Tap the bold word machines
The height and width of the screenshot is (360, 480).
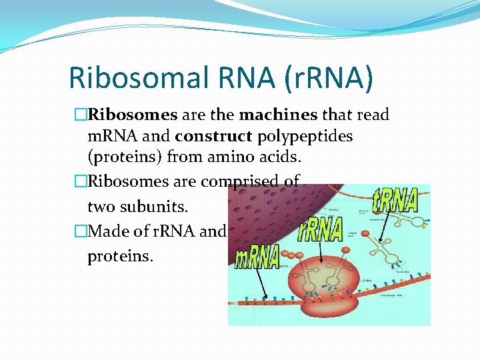[278, 115]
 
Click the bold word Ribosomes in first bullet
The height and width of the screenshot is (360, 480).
[132, 115]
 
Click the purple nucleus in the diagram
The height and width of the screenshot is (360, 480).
[267, 213]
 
